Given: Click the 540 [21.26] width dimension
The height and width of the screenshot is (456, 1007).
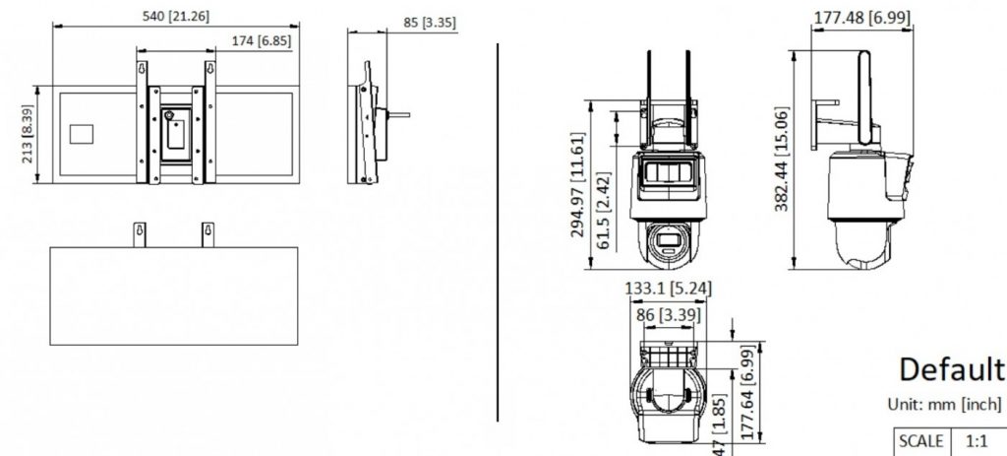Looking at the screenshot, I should coord(176,17).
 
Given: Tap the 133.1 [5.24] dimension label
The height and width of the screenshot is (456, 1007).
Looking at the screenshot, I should coord(668,289).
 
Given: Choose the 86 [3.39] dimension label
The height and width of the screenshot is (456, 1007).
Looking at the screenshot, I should coord(668,314).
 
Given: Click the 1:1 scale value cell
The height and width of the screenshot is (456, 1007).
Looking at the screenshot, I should coord(975,441).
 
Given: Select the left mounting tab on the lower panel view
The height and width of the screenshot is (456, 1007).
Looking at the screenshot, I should coord(140,233).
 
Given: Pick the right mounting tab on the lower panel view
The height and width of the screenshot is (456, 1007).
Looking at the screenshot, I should coord(207,233).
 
